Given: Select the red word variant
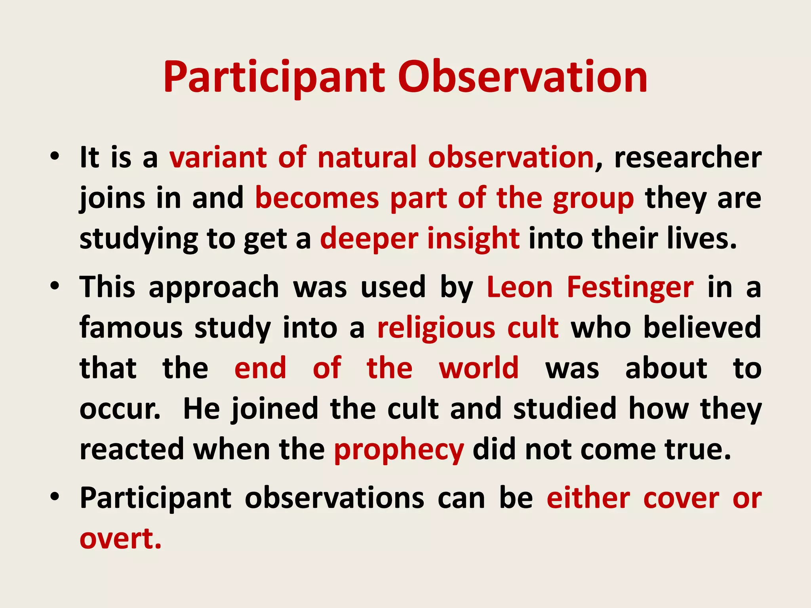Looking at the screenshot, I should tap(218, 158).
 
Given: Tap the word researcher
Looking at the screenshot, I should tap(688, 158).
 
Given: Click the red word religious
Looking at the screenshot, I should tap(436, 329).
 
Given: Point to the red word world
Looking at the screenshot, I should tap(479, 368).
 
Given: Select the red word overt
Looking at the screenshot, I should tap(120, 539).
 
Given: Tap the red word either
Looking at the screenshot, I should tap(588, 498).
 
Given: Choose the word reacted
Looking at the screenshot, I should tap(131, 450).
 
